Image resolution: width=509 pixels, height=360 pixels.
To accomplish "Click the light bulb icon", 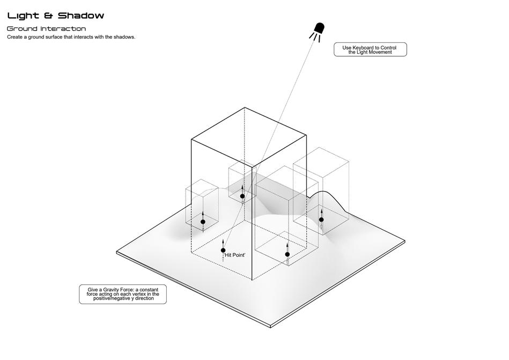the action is coord(319,29).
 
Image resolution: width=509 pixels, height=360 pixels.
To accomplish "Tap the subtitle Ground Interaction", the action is coord(46,28).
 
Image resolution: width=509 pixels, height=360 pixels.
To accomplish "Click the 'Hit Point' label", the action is coord(235,255).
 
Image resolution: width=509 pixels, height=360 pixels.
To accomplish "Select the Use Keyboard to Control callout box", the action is coord(370,50).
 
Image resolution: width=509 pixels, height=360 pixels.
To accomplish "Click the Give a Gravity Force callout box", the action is coord(123,294).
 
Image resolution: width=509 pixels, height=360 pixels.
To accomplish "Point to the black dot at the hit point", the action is coord(223,250).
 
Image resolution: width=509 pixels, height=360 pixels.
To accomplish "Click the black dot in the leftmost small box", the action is coord(203,222).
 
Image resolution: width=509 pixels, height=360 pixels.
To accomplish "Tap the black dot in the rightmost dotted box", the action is coord(321,219).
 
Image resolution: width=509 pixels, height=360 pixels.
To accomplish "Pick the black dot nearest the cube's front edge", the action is coord(287,254).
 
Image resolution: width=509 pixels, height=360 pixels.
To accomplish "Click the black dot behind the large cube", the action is coord(242,196).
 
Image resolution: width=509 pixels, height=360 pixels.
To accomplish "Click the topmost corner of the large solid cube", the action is coord(245,107).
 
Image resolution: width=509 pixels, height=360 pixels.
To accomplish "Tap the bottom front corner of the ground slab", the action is coord(271,327).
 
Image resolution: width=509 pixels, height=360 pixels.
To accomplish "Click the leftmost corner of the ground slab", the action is coord(117,252).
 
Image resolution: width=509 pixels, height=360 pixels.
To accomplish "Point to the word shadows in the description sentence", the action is coord(124,38).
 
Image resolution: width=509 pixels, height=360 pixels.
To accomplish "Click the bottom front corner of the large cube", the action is coord(252,280).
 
